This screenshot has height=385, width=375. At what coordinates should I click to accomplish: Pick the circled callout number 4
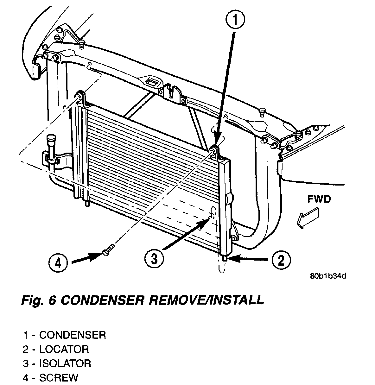[x=59, y=262]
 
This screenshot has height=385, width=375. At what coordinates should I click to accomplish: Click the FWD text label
[x=319, y=199]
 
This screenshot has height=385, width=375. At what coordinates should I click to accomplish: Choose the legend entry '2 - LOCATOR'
[x=56, y=349]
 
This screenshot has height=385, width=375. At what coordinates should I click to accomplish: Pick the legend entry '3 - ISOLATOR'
[x=57, y=363]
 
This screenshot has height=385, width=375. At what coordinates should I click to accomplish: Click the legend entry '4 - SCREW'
[x=50, y=377]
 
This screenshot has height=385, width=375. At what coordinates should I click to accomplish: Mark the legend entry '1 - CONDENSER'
[x=64, y=335]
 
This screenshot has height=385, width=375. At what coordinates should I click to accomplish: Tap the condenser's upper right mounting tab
[x=215, y=151]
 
